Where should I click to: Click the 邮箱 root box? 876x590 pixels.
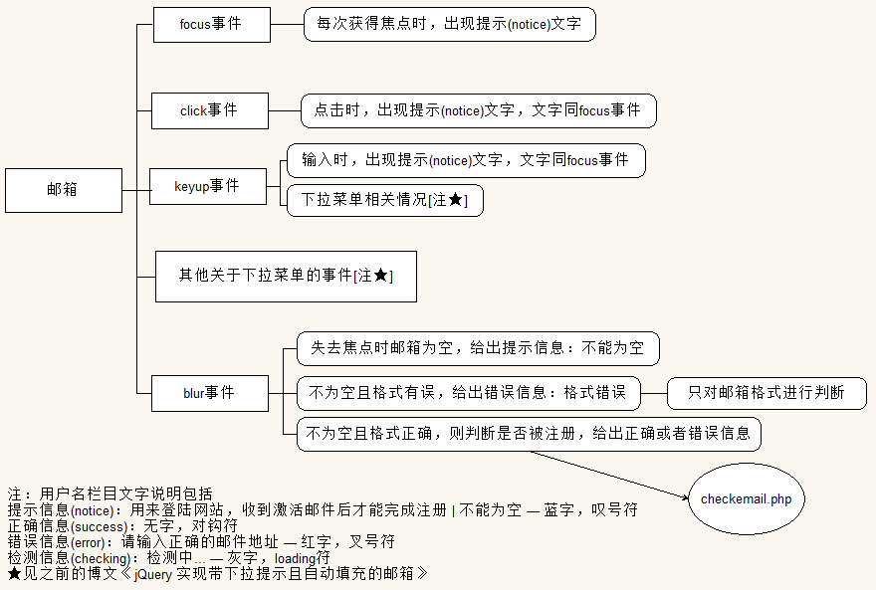pyautogui.click(x=63, y=190)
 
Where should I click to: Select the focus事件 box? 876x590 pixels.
pyautogui.click(x=211, y=25)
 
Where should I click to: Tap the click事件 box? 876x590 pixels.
pyautogui.click(x=209, y=110)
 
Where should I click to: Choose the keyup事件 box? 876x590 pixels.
pyautogui.click(x=208, y=186)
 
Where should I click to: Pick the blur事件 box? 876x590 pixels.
pyautogui.click(x=209, y=393)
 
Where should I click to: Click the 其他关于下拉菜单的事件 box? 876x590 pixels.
pyautogui.click(x=286, y=276)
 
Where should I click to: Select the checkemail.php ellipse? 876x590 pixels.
pyautogui.click(x=746, y=498)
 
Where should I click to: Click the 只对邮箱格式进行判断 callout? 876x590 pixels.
pyautogui.click(x=766, y=393)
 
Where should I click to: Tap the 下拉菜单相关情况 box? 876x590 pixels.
pyautogui.click(x=384, y=200)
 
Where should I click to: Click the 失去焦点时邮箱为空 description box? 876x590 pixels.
pyautogui.click(x=477, y=349)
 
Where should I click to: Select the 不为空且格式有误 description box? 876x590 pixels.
pyautogui.click(x=468, y=393)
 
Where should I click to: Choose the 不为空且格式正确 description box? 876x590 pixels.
pyautogui.click(x=529, y=434)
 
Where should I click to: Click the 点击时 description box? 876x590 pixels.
pyautogui.click(x=478, y=110)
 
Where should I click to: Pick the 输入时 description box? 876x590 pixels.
pyautogui.click(x=465, y=160)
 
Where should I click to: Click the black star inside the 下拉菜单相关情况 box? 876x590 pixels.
pyautogui.click(x=456, y=200)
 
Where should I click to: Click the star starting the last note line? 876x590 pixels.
pyautogui.click(x=14, y=574)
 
